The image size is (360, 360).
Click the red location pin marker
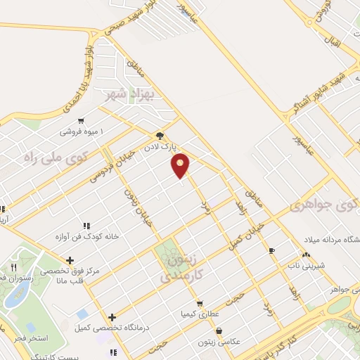click(181, 165)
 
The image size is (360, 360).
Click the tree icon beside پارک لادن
click(160, 136)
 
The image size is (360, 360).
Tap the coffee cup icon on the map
click(271, 250)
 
